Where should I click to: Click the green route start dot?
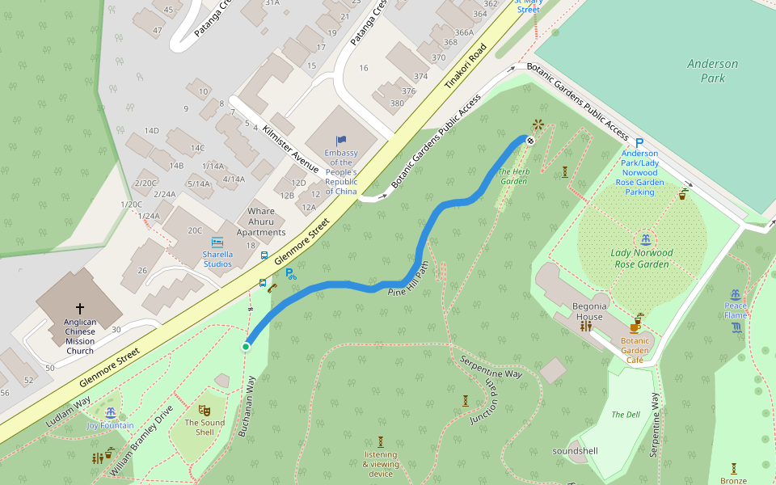click(246, 347)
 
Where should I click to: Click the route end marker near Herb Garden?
click(530, 140)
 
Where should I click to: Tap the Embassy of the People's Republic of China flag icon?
click(341, 141)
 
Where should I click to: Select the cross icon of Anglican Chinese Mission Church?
click(80, 309)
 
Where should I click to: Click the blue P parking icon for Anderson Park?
click(639, 142)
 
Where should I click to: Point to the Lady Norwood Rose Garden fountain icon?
click(644, 239)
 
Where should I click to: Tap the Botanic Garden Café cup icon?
click(636, 326)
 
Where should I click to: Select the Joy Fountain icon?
click(111, 413)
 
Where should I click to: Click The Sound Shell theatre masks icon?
click(205, 411)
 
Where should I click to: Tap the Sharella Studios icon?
click(217, 242)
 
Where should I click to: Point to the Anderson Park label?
click(712, 71)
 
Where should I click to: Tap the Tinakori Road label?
click(467, 65)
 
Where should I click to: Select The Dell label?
click(625, 415)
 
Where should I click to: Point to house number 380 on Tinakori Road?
click(397, 103)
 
